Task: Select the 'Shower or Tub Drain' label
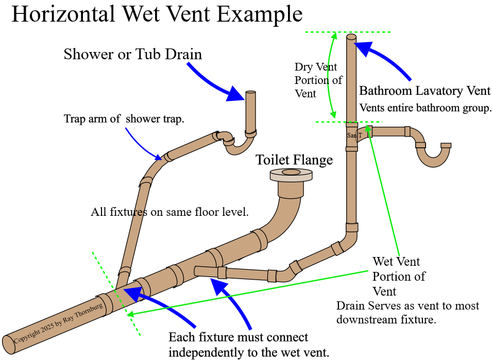(133, 54)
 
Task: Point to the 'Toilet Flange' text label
(294, 160)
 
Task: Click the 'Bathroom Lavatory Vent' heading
(425, 91)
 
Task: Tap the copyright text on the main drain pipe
(58, 324)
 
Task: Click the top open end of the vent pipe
(351, 38)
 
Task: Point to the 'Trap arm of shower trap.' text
(124, 119)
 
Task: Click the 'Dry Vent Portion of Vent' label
(318, 80)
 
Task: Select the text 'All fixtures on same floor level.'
(169, 212)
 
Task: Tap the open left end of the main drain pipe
(9, 345)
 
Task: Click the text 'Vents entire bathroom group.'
(426, 108)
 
